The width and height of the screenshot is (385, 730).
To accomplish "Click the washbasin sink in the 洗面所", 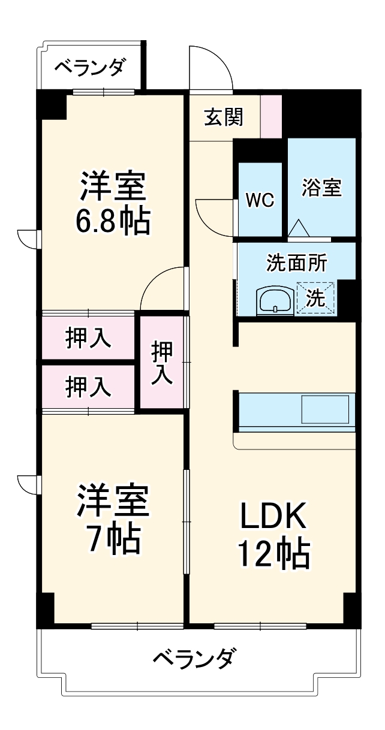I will pyautogui.click(x=275, y=300).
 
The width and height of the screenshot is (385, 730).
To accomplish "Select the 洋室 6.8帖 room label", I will pyautogui.click(x=112, y=204).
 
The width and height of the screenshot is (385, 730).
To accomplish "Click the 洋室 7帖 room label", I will pyautogui.click(x=112, y=519).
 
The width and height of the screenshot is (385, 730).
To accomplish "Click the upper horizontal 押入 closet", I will pyautogui.click(x=88, y=338).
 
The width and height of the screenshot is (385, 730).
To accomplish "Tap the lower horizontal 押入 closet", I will pyautogui.click(x=88, y=387).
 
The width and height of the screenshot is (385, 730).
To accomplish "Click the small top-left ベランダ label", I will pyautogui.click(x=91, y=67).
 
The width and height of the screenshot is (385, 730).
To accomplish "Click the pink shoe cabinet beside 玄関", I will pyautogui.click(x=270, y=114).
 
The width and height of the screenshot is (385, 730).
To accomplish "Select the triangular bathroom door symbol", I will pyautogui.click(x=298, y=228).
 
